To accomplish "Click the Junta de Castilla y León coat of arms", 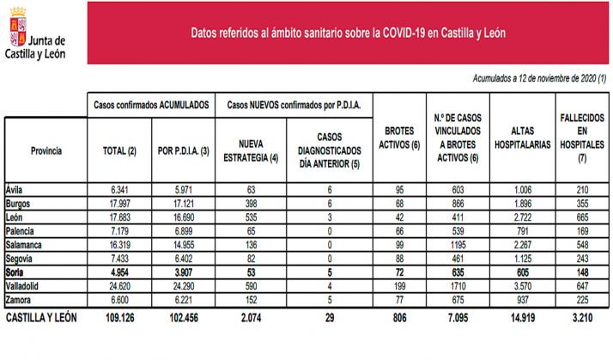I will [x=15, y=27].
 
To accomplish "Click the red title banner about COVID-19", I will [x=348, y=33].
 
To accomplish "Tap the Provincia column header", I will [x=46, y=150].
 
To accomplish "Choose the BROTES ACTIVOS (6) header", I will [x=397, y=143].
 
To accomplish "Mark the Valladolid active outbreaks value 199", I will [x=397, y=284].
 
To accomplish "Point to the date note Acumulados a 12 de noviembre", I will [x=539, y=78].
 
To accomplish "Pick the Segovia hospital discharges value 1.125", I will [x=522, y=258].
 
